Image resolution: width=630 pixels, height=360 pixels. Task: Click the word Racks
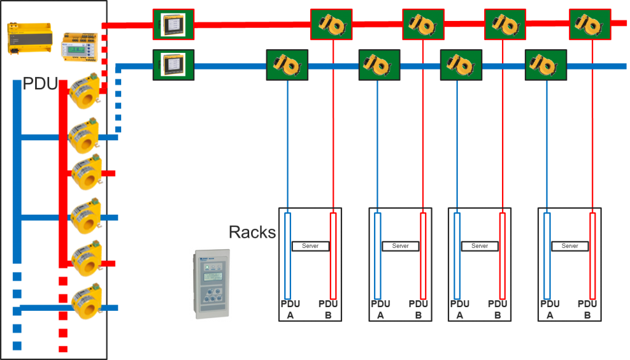click(x=252, y=232)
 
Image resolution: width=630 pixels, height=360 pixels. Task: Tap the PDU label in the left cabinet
click(x=39, y=83)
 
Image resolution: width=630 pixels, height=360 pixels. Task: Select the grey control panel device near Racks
click(x=210, y=284)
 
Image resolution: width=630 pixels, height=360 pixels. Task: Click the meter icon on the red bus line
click(x=173, y=25)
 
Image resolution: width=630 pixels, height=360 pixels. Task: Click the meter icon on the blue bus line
click(x=173, y=65)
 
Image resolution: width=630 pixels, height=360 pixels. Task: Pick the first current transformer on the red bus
click(x=331, y=25)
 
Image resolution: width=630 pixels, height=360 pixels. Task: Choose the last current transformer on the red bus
click(x=589, y=25)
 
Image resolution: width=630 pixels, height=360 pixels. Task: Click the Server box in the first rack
click(x=310, y=246)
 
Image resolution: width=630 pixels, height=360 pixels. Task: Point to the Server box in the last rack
click(x=570, y=246)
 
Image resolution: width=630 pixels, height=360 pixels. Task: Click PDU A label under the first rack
click(x=290, y=309)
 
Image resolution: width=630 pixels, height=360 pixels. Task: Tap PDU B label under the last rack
click(x=587, y=309)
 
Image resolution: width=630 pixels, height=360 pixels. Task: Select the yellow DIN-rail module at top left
click(x=28, y=38)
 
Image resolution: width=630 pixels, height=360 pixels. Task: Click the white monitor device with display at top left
click(x=79, y=47)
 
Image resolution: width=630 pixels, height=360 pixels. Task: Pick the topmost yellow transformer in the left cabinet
click(x=85, y=90)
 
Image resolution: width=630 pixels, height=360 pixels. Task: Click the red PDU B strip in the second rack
click(x=423, y=255)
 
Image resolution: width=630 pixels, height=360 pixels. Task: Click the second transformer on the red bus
click(x=423, y=25)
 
